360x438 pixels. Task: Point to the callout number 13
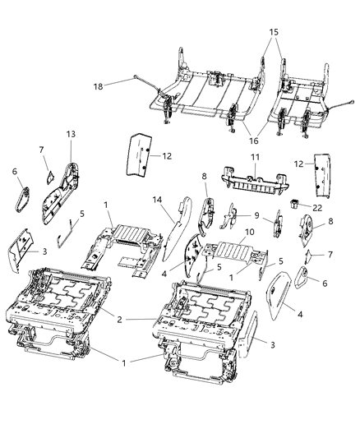[70, 134]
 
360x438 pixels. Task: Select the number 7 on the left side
[41, 149]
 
